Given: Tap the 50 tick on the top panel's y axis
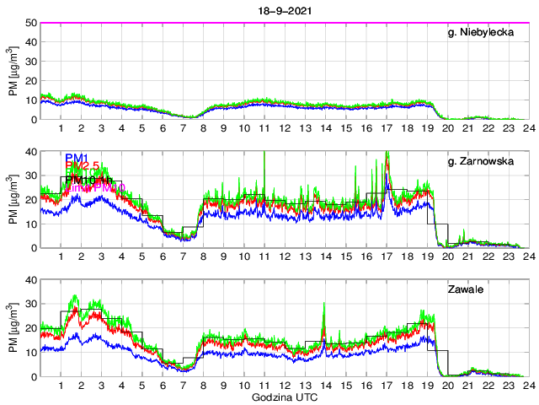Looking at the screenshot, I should [29, 23].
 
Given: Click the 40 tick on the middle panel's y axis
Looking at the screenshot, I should [29, 152].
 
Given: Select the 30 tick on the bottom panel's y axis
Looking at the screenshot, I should [29, 304].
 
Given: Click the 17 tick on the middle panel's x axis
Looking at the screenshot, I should [387, 256].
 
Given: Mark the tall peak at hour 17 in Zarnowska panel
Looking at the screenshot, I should [387, 153].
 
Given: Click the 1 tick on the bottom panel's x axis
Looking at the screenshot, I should [61, 386].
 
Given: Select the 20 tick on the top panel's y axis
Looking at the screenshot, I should [29, 81].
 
